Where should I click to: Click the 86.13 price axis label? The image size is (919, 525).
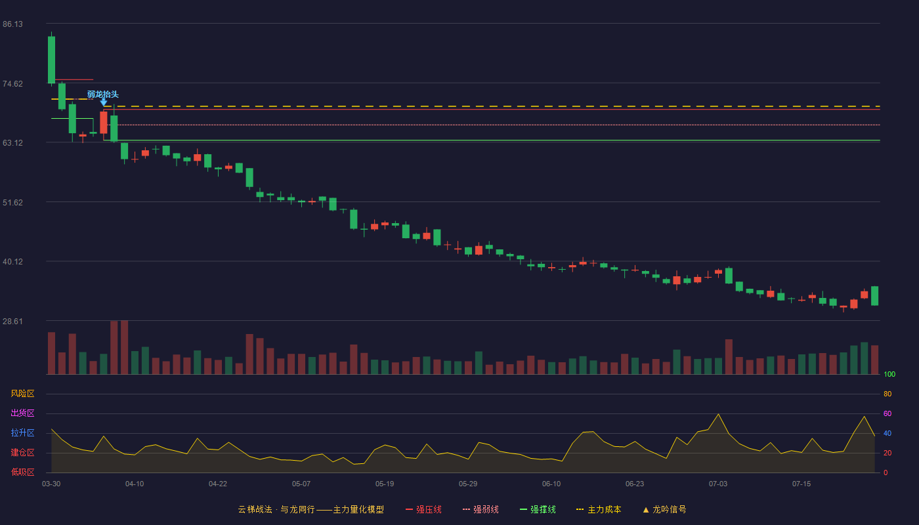pyautogui.click(x=12, y=24)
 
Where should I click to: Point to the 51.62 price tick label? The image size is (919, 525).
pyautogui.click(x=12, y=203)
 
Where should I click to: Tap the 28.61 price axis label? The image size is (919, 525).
pyautogui.click(x=12, y=321)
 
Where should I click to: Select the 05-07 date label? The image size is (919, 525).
pyautogui.click(x=301, y=484)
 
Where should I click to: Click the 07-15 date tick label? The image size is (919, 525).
pyautogui.click(x=801, y=484)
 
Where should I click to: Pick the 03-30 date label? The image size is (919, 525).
pyautogui.click(x=51, y=484)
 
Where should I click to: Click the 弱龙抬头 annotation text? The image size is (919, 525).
pyautogui.click(x=103, y=94)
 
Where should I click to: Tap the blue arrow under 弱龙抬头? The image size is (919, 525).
pyautogui.click(x=104, y=102)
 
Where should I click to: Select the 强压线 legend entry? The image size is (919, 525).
pyautogui.click(x=423, y=509)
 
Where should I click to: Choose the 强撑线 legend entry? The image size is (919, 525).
pyautogui.click(x=538, y=509)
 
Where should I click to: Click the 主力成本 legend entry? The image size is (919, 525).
pyautogui.click(x=599, y=509)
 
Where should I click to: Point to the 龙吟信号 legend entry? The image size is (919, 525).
pyautogui.click(x=664, y=509)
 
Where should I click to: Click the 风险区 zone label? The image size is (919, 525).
pyautogui.click(x=22, y=394)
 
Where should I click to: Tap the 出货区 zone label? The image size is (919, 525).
pyautogui.click(x=22, y=413)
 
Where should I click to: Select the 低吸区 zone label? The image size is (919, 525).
pyautogui.click(x=22, y=472)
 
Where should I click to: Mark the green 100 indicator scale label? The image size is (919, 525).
pyautogui.click(x=889, y=374)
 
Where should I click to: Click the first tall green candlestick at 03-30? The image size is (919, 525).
pyautogui.click(x=51, y=60)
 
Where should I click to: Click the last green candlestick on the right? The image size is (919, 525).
pyautogui.click(x=874, y=296)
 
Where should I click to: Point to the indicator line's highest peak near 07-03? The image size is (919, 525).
pyautogui.click(x=718, y=414)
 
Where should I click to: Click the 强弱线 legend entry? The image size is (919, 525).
pyautogui.click(x=481, y=509)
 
